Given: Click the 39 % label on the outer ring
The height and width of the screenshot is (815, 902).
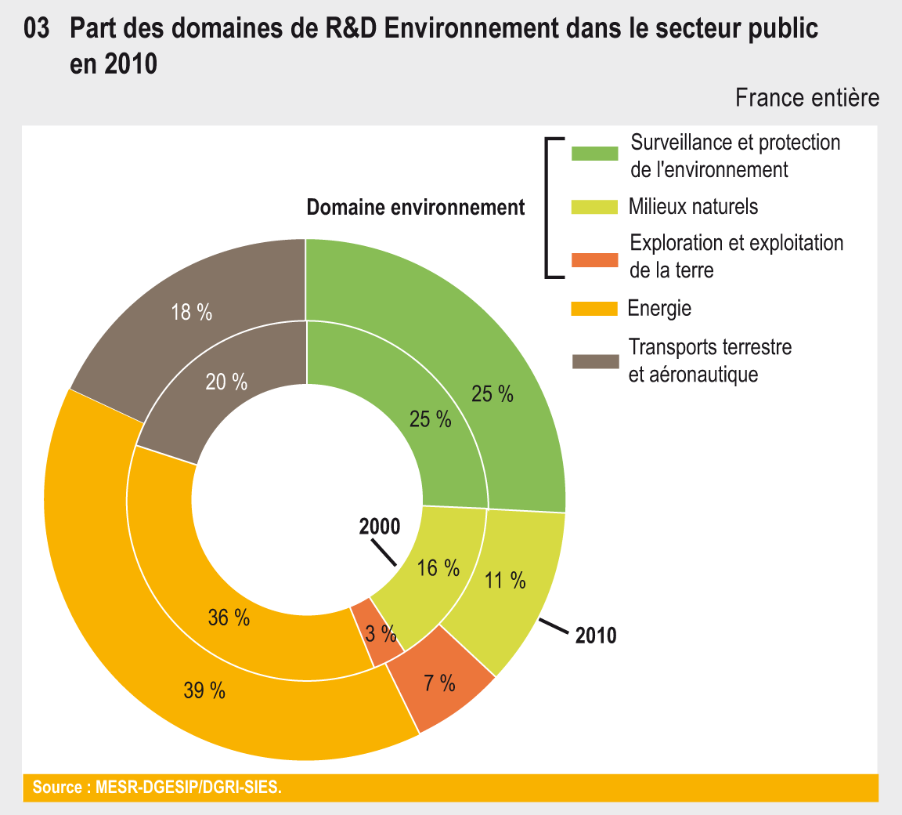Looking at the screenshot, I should (x=204, y=690).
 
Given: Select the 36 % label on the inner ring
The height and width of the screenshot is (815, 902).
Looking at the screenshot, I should (x=229, y=618).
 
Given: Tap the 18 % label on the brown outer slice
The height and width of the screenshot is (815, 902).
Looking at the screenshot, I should (x=191, y=312).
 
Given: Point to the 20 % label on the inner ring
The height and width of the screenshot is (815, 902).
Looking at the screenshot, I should (x=226, y=382).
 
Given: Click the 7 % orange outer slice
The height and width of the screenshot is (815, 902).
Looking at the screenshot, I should (x=439, y=683).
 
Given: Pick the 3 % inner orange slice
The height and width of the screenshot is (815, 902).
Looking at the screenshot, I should (x=380, y=633).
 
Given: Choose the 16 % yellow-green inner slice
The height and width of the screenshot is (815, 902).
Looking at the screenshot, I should (x=438, y=568).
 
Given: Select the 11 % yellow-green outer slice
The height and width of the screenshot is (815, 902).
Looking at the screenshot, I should (x=505, y=581).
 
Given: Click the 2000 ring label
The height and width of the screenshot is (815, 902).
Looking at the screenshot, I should (x=380, y=527).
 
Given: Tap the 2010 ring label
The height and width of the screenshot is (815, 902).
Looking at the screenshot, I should (x=596, y=636).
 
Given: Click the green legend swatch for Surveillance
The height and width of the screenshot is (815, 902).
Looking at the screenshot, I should (x=595, y=154).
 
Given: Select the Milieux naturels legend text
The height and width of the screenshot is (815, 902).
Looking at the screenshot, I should (x=693, y=206).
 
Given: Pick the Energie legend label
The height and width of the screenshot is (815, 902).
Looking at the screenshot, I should (x=659, y=308).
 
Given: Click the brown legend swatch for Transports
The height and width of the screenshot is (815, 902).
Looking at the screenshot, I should (x=595, y=361).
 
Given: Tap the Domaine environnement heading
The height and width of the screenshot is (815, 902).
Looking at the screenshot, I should (x=415, y=208).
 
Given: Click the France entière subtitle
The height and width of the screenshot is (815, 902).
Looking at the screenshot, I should (x=807, y=98).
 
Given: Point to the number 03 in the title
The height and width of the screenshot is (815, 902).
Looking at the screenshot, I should (x=38, y=30).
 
